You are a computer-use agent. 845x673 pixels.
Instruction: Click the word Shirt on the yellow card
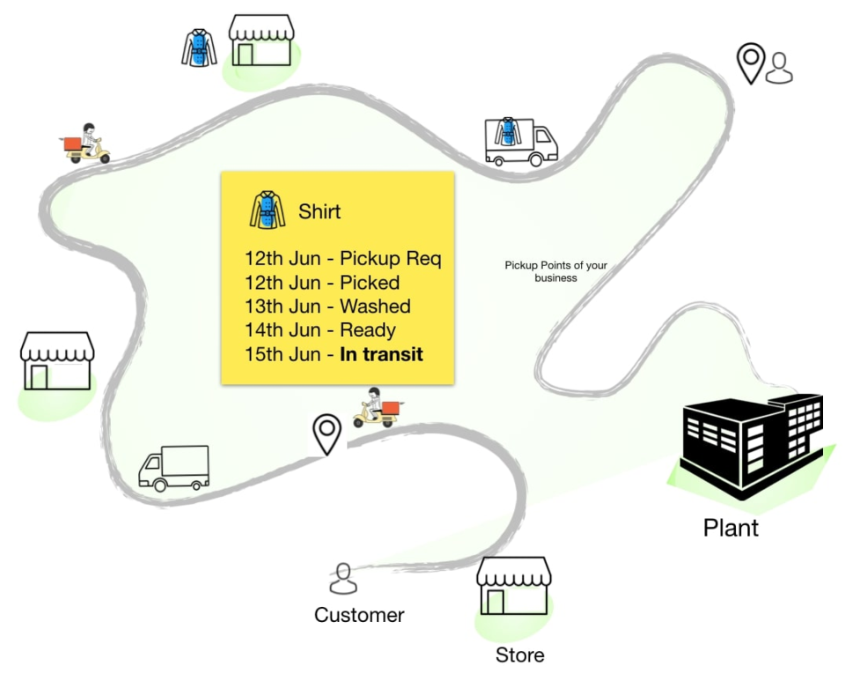point(320,211)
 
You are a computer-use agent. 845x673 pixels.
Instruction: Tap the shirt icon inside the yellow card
point(268,211)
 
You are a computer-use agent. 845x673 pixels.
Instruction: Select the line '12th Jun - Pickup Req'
point(342,259)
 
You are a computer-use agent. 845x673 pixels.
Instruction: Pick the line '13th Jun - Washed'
point(327,307)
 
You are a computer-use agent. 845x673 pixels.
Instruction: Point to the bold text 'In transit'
point(381,354)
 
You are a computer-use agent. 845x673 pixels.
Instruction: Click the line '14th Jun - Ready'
point(320,330)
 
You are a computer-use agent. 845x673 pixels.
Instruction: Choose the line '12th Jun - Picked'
point(322,283)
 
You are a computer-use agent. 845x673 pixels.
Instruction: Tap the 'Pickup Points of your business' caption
point(555,271)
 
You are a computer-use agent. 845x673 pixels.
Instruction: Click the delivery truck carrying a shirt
point(520,142)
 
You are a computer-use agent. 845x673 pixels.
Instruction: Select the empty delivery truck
point(174,467)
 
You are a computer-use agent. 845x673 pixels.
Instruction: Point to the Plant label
point(731,528)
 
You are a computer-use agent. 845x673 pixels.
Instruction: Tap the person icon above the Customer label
point(343,579)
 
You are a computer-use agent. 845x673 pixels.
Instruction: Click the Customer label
point(359,615)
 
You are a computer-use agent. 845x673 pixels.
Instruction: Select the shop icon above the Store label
point(514,585)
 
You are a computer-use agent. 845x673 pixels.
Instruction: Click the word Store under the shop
point(519,655)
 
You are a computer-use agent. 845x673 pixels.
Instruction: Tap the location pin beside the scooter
point(327,433)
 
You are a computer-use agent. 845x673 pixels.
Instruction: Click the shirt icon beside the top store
point(199,48)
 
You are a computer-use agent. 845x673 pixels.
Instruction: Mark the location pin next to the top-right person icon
point(750,63)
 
